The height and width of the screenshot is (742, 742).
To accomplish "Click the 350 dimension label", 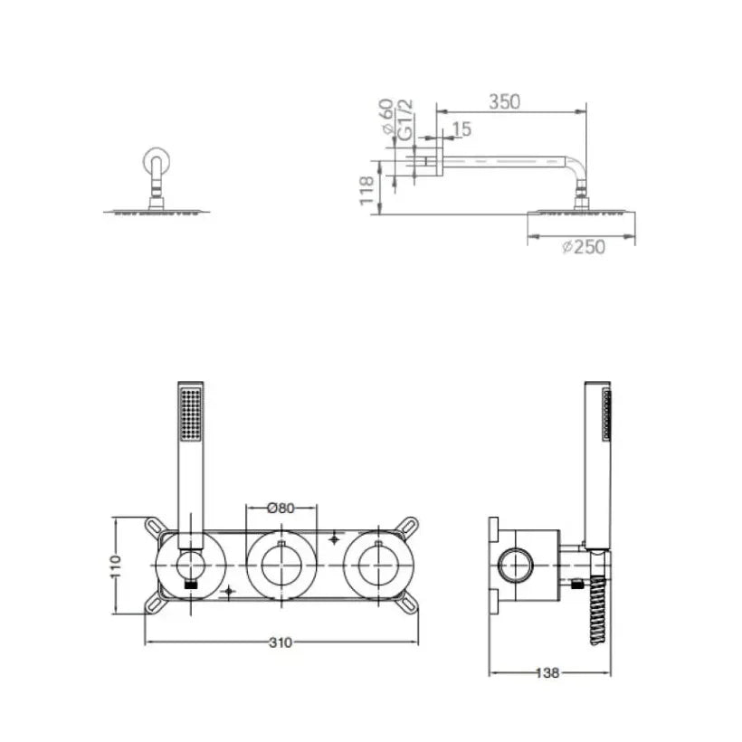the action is coord(504,101).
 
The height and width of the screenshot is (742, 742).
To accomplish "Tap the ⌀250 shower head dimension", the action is coord(584,246).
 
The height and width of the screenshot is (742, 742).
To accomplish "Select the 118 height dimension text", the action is coord(367,191).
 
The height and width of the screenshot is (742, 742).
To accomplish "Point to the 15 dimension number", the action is coord(461,128).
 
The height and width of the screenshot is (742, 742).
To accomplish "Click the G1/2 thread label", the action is coord(405,119).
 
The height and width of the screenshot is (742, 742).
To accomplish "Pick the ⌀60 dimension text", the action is coord(386,116).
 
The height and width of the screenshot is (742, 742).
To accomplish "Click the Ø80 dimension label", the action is coord(281,509).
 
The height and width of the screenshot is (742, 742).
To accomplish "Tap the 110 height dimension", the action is coord(115,566).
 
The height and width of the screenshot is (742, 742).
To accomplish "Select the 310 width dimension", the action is coord(281,642).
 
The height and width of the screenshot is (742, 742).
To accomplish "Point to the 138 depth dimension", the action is coord(547,673).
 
